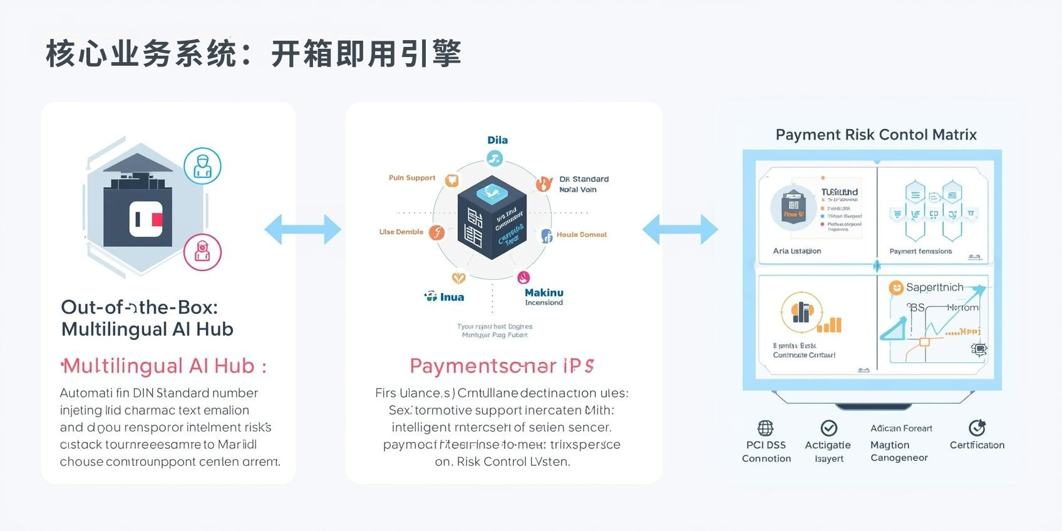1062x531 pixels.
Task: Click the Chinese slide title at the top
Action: (254, 54)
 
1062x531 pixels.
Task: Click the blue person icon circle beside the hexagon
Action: (202, 166)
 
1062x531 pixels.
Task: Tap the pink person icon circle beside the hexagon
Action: (202, 252)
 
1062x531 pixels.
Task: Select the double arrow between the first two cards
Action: (303, 229)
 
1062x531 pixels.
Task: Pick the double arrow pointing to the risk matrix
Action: (680, 229)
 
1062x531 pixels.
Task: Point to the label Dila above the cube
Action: (497, 140)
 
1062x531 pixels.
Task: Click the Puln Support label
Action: (411, 178)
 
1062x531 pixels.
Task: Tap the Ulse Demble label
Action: (401, 232)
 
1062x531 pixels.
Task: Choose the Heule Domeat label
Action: (582, 235)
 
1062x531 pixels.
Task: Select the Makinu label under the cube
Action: (544, 292)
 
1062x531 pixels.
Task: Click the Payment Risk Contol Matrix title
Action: (876, 135)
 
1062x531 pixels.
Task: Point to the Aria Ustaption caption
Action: (796, 251)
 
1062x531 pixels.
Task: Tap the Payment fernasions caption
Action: (920, 251)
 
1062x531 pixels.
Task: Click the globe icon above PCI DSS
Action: (765, 428)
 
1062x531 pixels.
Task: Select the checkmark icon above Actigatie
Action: (829, 428)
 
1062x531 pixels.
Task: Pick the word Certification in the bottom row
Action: (977, 445)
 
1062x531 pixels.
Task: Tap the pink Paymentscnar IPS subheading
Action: (502, 366)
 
